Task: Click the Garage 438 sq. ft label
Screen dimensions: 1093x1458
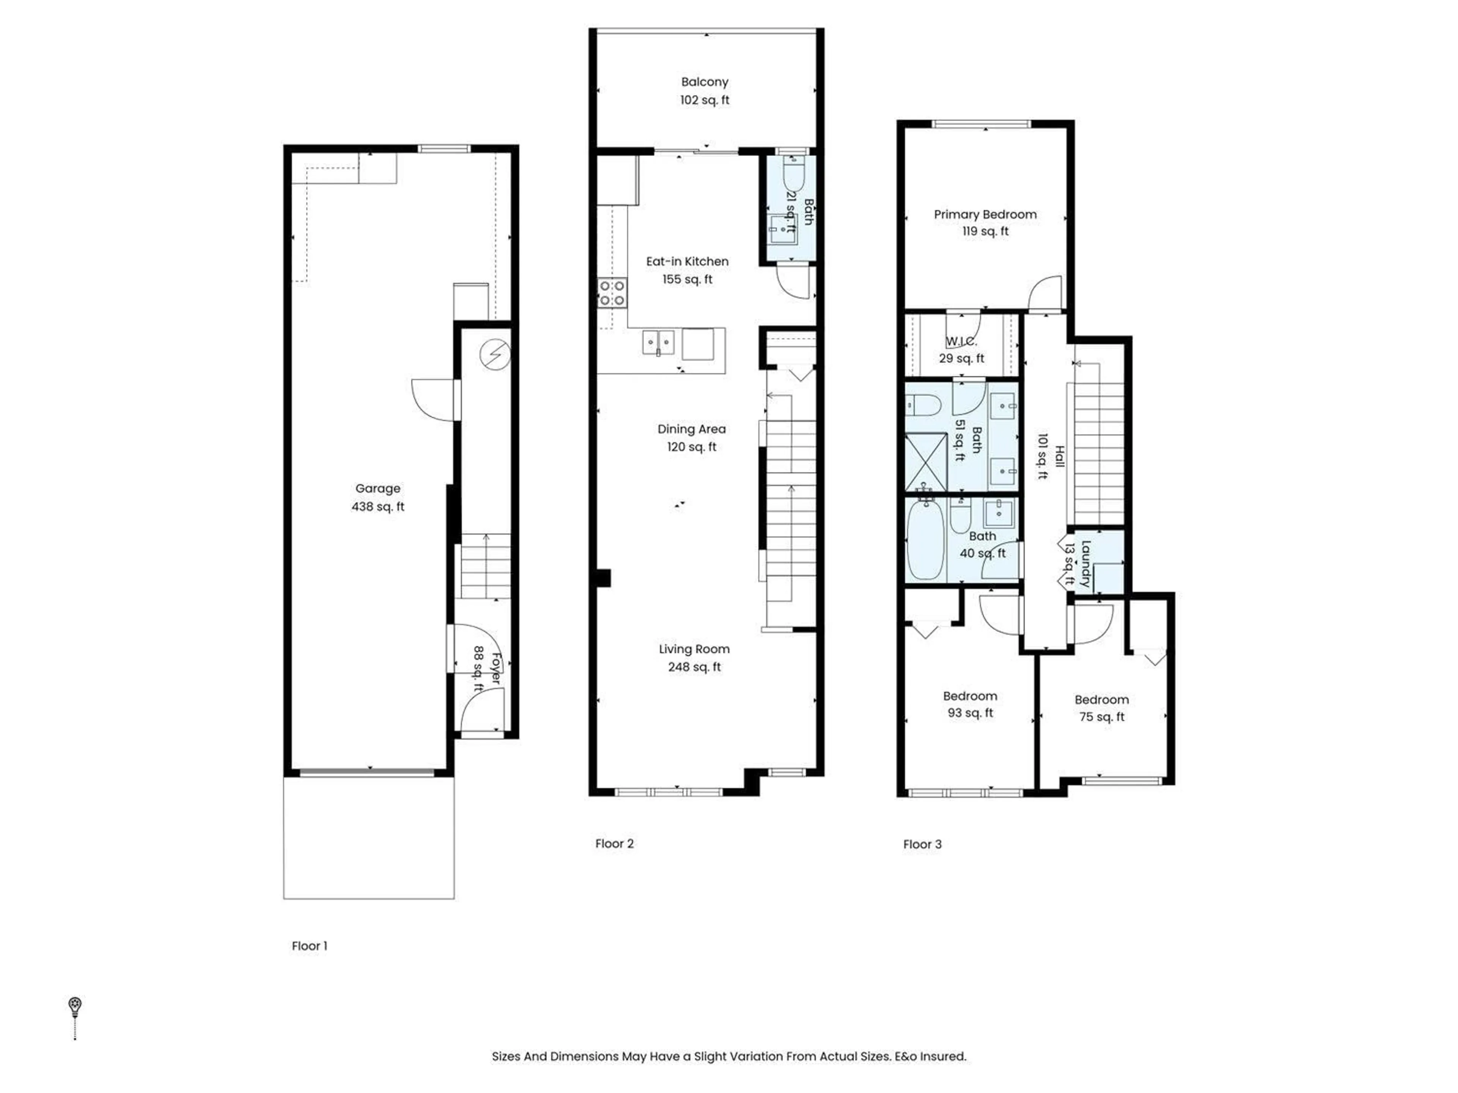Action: (x=378, y=498)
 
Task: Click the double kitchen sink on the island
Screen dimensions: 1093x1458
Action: (x=658, y=343)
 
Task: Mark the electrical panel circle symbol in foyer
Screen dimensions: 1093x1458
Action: (x=495, y=354)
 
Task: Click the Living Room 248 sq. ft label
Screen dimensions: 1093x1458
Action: (x=694, y=658)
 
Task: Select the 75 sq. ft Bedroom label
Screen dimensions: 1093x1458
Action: (x=1101, y=708)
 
